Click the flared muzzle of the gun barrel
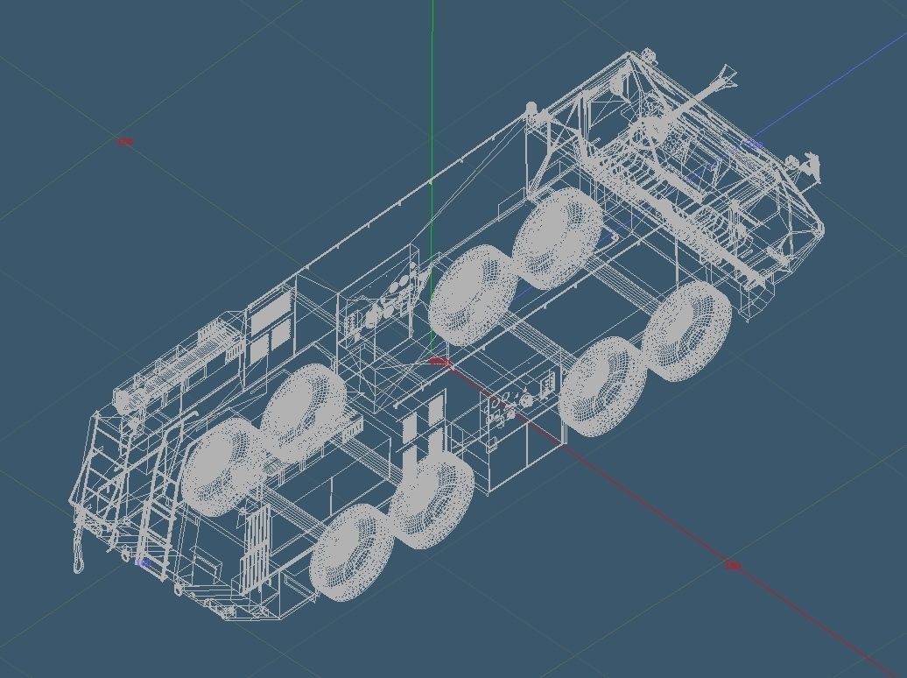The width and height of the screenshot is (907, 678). click(725, 75)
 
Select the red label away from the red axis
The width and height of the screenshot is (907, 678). click(125, 141)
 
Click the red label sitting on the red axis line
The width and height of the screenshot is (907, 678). click(733, 566)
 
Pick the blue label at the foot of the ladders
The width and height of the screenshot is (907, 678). click(143, 562)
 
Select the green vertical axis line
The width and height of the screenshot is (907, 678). click(432, 105)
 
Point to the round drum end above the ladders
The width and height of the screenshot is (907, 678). click(123, 401)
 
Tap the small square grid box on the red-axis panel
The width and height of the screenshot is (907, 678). click(548, 384)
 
